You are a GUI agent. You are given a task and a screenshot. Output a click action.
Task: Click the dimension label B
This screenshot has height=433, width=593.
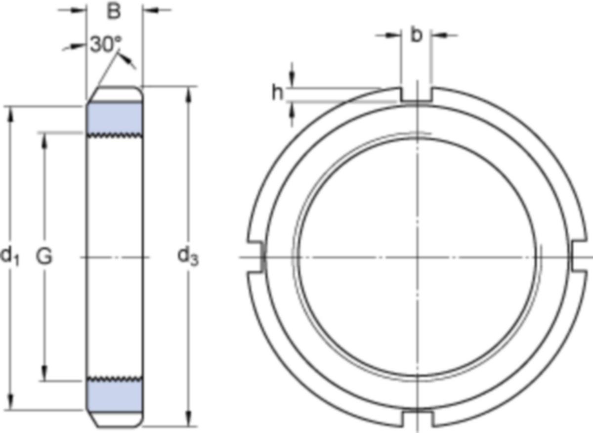click(x=114, y=11)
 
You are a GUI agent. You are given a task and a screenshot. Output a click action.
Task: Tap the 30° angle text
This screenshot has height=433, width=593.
click(x=106, y=44)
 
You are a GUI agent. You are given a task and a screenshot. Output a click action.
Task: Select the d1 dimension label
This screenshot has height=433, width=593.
click(x=10, y=257)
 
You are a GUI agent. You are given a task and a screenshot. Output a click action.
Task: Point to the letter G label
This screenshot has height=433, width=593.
click(x=44, y=257)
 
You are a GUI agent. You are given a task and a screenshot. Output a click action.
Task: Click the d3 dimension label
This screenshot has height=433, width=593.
click(x=188, y=257)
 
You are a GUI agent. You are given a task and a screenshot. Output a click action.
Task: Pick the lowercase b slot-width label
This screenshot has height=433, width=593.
click(x=416, y=35)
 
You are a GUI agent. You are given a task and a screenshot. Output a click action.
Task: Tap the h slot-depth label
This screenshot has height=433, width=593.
click(x=277, y=93)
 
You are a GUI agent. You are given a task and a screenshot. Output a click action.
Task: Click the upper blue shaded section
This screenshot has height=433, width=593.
click(x=115, y=118)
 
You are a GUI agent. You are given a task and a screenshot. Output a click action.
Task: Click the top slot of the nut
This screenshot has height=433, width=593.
click(x=417, y=94)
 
